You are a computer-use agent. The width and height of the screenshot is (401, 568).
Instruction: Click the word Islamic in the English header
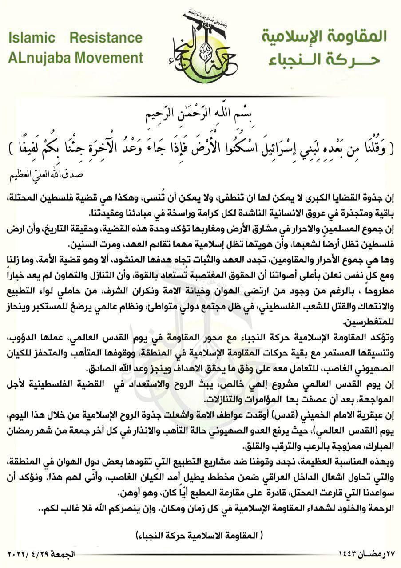(31, 38)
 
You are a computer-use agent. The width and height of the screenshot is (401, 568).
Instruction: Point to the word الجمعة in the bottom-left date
(64, 555)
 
